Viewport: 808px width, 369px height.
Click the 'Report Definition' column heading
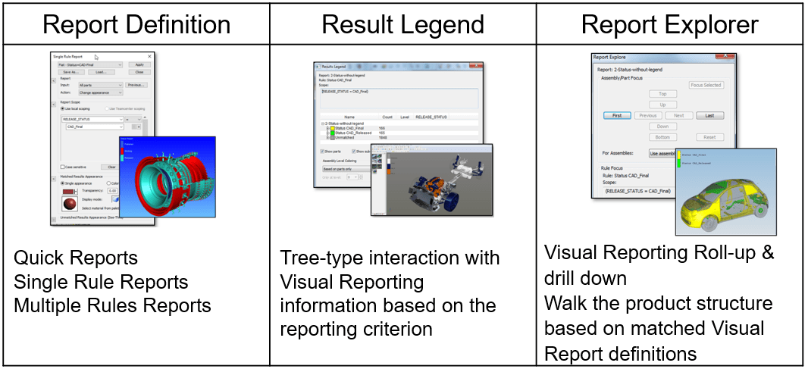coord(136,24)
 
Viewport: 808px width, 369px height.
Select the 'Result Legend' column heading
coord(402,24)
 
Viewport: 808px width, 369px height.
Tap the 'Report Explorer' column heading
coord(669,24)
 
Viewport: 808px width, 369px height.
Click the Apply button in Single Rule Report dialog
coord(139,65)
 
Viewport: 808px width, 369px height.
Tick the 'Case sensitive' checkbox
coord(63,167)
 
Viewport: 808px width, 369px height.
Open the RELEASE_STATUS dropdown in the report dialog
coord(91,119)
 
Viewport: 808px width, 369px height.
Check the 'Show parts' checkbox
coord(323,152)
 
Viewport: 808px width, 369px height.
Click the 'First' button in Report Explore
coord(616,116)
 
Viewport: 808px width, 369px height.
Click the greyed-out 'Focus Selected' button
coord(706,85)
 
